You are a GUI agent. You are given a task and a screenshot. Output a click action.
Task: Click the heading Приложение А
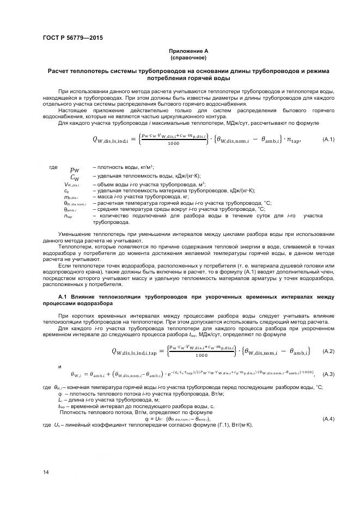[x=188, y=51]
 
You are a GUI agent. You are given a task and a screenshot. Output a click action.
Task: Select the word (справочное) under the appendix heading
[x=188, y=57]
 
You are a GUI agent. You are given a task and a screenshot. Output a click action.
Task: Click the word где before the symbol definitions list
[x=53, y=167]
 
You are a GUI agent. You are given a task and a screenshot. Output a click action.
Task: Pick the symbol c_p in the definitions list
[x=66, y=191]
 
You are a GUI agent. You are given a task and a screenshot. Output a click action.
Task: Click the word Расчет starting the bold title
[x=59, y=71]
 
